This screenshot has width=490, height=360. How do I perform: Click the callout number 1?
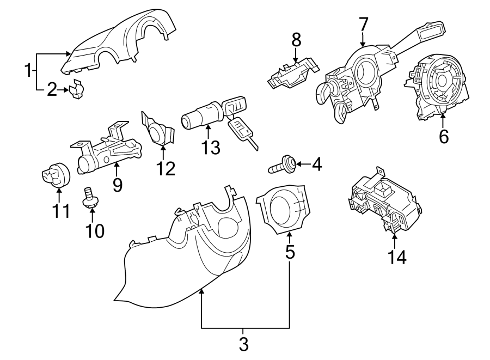pyautogui.click(x=27, y=70)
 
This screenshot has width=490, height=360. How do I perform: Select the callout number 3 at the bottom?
pyautogui.click(x=243, y=344)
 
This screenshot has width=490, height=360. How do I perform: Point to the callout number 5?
pyautogui.click(x=290, y=252)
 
